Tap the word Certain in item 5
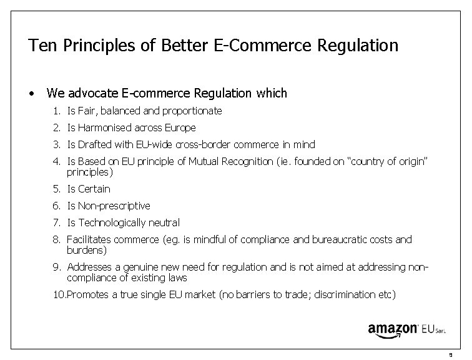click(x=94, y=189)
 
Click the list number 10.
click(x=59, y=294)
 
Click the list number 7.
click(x=57, y=222)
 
